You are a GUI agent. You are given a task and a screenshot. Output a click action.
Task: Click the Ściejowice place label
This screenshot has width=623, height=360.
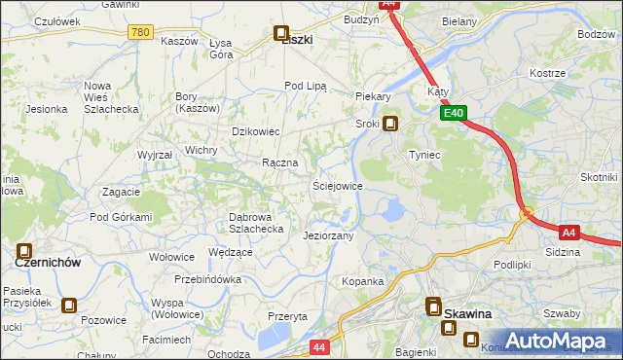point(337,186)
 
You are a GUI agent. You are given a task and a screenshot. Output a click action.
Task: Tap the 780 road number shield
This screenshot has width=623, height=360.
point(140,32)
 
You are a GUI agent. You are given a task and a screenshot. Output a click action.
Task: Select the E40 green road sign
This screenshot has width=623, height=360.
point(453,114)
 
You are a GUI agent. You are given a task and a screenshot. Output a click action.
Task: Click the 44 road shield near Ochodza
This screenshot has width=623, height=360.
point(320,346)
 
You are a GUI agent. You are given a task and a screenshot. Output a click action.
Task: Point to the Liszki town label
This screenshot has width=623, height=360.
point(296,40)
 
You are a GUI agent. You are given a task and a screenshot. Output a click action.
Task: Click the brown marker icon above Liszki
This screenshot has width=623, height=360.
point(282,33)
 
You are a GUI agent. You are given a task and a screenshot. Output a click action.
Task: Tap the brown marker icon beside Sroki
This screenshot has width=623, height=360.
point(390,124)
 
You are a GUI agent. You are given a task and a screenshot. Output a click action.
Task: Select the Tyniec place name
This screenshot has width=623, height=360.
point(425,156)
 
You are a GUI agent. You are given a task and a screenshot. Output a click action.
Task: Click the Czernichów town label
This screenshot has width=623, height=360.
point(47,263)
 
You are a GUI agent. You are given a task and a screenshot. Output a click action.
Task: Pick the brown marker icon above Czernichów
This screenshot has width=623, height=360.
point(24,251)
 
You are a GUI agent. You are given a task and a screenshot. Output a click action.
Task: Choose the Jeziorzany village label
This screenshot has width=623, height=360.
point(328,235)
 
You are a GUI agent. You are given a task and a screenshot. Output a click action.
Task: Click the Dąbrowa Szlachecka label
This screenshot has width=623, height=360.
point(255,223)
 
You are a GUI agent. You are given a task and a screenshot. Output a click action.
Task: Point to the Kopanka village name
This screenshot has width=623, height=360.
point(362,281)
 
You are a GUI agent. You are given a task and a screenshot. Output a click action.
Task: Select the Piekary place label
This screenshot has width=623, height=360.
point(373,97)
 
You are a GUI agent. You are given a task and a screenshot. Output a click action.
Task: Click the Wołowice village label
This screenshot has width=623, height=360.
point(172,258)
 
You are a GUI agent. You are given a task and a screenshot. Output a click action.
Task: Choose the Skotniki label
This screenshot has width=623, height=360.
point(599,177)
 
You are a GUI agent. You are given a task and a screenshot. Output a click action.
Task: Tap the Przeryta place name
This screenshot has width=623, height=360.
point(287,316)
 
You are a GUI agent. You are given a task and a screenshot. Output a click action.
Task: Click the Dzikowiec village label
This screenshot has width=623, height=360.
point(255,131)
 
